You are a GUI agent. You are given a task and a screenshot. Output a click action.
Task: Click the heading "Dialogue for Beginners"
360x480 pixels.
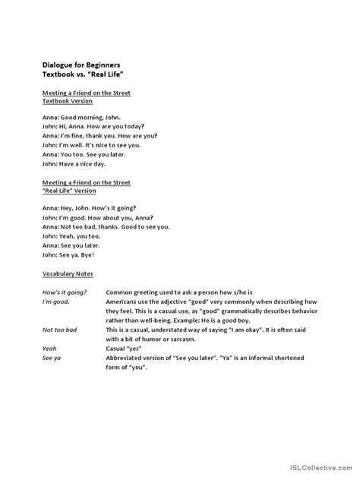[x=81, y=66]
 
